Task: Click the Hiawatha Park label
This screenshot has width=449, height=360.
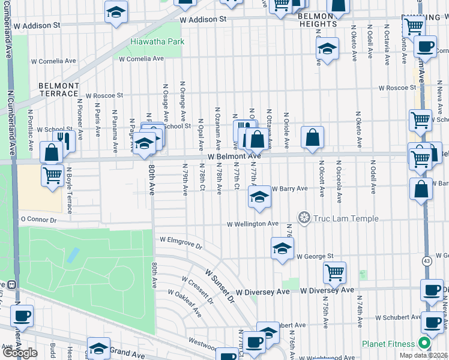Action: (x=157, y=41)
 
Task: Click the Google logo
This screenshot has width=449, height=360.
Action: (x=20, y=352)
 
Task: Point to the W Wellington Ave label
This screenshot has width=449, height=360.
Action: (x=252, y=224)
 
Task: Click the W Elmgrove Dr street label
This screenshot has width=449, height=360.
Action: (x=181, y=242)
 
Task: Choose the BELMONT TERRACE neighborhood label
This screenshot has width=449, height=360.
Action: (x=59, y=89)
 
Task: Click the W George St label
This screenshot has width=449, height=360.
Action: (x=314, y=256)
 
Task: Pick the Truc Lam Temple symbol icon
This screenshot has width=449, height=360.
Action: (x=304, y=217)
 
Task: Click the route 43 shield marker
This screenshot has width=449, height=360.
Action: (x=426, y=261)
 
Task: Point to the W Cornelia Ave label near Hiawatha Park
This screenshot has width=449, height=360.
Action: (x=141, y=59)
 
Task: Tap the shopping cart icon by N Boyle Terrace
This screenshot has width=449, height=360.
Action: (x=53, y=175)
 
